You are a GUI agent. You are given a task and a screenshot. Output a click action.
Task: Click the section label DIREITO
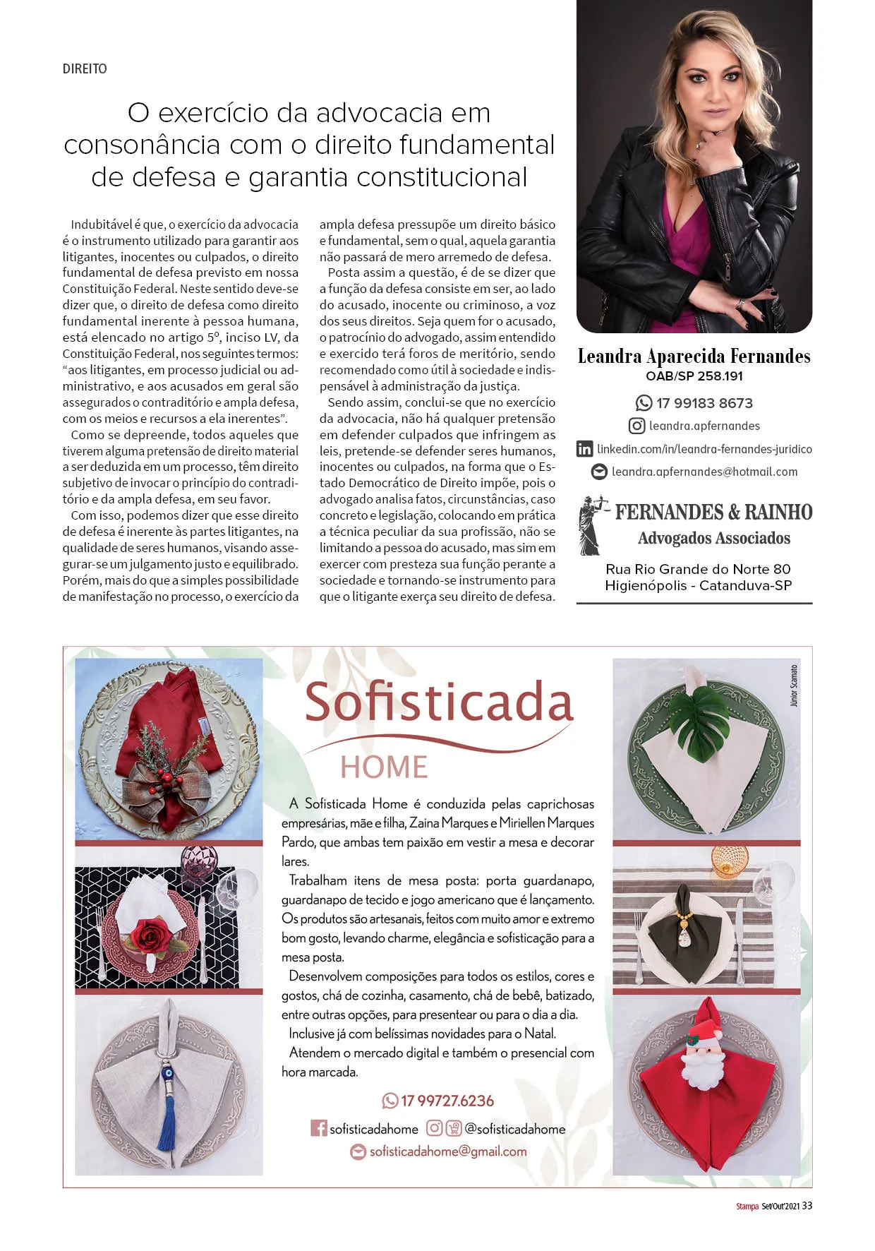click(85, 69)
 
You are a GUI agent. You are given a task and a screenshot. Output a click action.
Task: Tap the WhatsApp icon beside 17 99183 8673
click(644, 403)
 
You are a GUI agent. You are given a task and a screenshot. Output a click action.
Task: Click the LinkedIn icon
click(584, 449)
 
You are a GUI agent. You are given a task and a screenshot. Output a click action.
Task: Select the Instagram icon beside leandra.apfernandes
click(636, 426)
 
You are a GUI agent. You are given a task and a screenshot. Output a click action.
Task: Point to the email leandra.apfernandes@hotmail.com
click(704, 472)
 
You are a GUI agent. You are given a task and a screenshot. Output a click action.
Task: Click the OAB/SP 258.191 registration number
click(694, 376)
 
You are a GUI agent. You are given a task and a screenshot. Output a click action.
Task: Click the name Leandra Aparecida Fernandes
click(694, 357)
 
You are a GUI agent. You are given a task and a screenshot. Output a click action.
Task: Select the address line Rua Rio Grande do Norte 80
click(698, 569)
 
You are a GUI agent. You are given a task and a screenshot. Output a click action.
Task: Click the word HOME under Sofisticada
click(384, 767)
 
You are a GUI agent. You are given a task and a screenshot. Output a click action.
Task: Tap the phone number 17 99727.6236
click(447, 1101)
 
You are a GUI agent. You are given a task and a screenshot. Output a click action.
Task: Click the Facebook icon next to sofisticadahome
click(319, 1128)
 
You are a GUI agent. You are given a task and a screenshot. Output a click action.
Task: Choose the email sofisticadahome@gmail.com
click(448, 1151)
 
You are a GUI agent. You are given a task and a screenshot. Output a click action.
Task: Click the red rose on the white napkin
click(150, 938)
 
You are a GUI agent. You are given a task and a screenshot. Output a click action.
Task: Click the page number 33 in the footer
click(807, 1206)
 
